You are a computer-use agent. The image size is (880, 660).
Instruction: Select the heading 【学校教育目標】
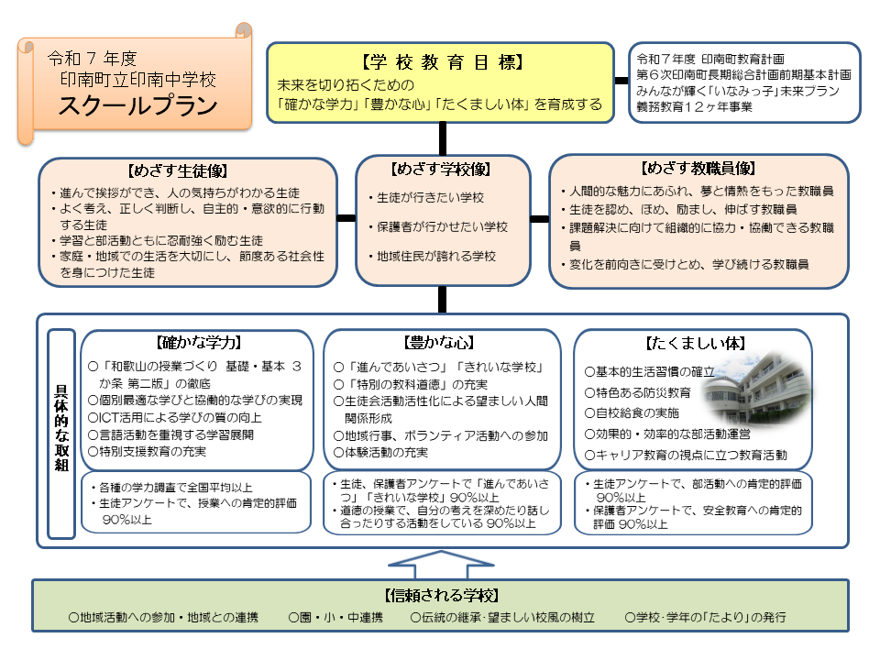(x=442, y=62)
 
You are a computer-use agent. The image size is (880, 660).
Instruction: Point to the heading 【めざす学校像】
(x=441, y=170)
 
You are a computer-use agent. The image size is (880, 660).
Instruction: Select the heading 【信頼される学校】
(x=441, y=595)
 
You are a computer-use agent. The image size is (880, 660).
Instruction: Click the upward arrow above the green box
(x=441, y=562)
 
